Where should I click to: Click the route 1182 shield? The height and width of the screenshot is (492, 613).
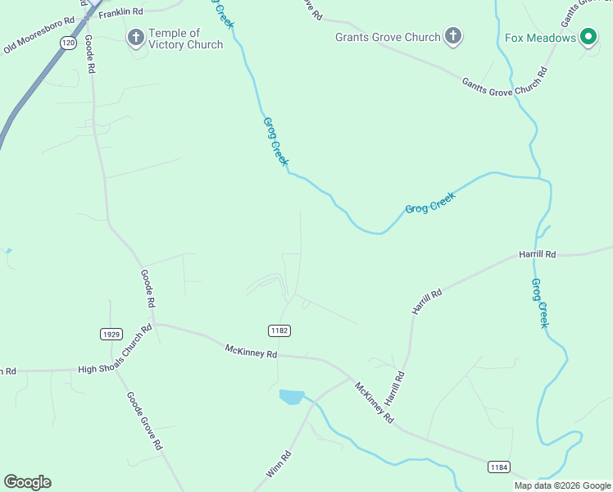tap(279, 330)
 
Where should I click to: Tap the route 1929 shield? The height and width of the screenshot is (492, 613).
tap(111, 334)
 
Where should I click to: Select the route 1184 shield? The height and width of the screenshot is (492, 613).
tap(498, 467)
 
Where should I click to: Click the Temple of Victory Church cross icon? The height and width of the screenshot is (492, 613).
tap(135, 37)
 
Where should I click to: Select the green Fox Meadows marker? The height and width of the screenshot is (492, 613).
tap(588, 37)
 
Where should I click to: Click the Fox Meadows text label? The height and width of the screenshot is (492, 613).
tap(540, 37)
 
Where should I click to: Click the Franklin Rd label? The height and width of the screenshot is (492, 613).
tap(120, 14)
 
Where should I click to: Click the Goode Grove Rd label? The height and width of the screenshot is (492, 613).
tap(143, 420)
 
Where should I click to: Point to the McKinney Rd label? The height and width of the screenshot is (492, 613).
tap(252, 351)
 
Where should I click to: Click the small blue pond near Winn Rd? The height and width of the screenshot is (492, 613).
tap(291, 397)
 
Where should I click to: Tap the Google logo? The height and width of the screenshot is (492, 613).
tap(27, 482)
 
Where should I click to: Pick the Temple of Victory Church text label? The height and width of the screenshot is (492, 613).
tap(185, 39)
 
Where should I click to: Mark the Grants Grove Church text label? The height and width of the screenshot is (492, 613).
tap(388, 37)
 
